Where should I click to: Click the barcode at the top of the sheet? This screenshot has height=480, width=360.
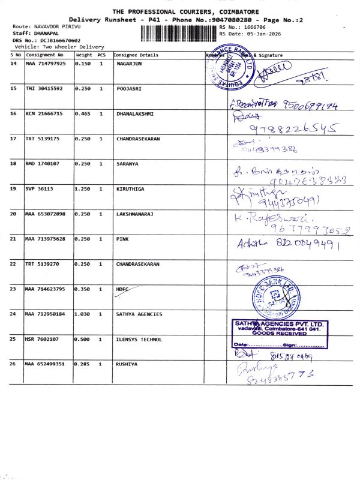179,33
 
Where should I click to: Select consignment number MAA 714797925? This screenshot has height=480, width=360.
46,63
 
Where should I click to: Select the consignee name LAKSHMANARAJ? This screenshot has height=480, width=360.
136,214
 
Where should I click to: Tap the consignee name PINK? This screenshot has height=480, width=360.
122,239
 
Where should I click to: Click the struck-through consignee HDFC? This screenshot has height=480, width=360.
123,289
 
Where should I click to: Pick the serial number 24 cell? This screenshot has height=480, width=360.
14,314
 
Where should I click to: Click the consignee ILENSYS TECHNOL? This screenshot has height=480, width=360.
139,339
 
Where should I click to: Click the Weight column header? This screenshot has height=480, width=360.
83,55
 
